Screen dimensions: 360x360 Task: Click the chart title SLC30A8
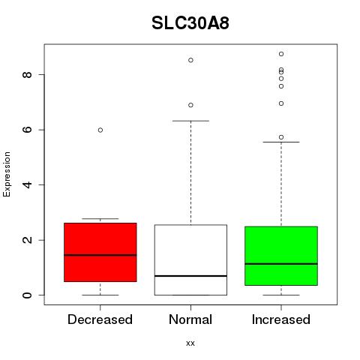tap(190, 23)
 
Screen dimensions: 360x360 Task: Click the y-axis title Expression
tap(7, 174)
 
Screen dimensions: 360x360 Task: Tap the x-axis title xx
tap(190, 343)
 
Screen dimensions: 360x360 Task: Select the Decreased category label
tap(100, 319)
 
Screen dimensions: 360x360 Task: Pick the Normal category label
tap(190, 319)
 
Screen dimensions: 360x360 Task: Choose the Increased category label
tap(281, 319)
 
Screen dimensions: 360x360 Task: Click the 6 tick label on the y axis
tap(27, 130)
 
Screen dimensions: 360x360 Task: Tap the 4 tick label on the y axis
tap(27, 184)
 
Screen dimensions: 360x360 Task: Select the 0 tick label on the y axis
tap(27, 295)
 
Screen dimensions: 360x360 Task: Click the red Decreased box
tap(100, 252)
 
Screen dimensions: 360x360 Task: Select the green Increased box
tap(281, 256)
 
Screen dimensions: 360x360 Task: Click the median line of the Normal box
tap(190, 276)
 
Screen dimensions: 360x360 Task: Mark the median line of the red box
tap(100, 255)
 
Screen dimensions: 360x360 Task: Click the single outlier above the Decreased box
tap(100, 130)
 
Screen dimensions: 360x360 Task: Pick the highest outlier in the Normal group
tap(190, 60)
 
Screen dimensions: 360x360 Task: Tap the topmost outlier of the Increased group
tap(281, 54)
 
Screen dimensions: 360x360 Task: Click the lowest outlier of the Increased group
tap(281, 137)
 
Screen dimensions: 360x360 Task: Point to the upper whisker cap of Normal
tap(190, 121)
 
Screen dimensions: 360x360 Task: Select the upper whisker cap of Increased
tap(281, 142)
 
